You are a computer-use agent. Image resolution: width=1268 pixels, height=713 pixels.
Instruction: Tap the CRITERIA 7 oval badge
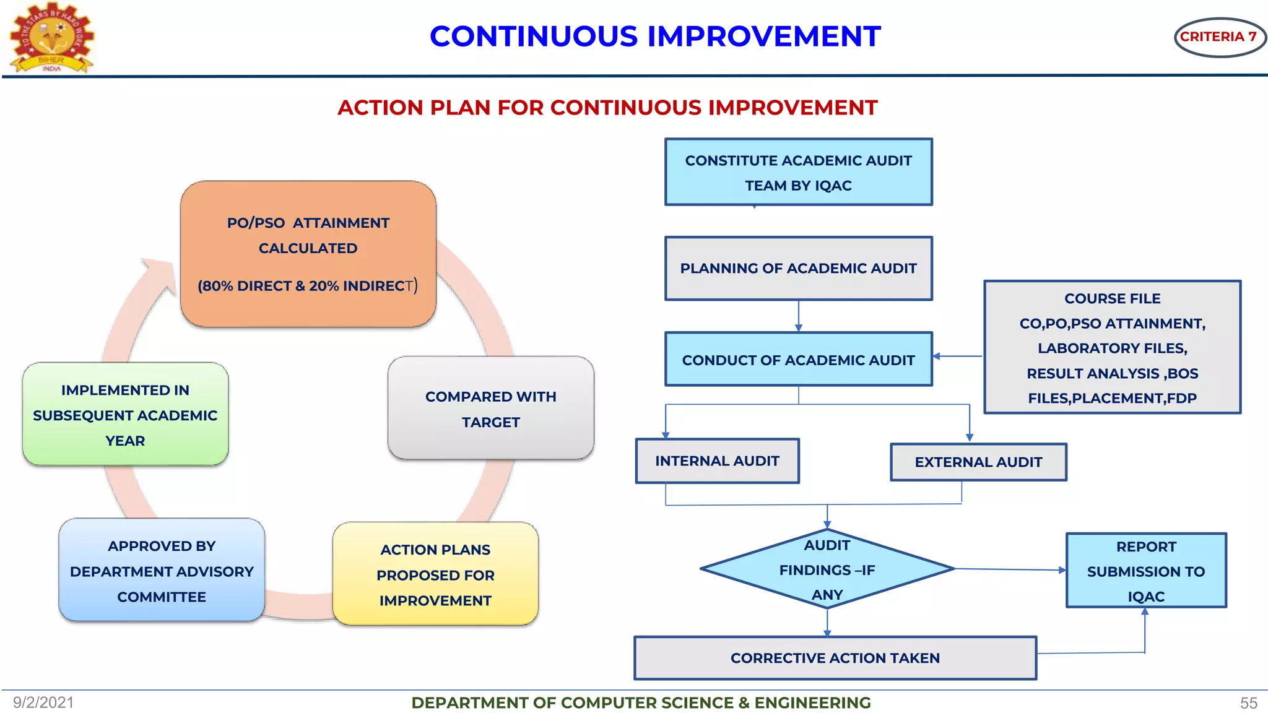point(1218,37)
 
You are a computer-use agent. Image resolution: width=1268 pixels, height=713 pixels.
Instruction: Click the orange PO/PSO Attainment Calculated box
point(308,254)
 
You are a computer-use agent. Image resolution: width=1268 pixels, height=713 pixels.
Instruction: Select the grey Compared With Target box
point(490,408)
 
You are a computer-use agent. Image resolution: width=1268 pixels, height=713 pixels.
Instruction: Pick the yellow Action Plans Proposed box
point(435,574)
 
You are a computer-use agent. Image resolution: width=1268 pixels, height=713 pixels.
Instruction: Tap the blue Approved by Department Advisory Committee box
point(162,571)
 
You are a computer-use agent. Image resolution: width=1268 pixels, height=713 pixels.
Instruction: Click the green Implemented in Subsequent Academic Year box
point(125,415)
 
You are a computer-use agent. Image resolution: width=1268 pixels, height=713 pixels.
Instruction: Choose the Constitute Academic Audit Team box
point(798,172)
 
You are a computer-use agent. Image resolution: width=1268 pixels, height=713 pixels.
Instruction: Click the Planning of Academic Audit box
point(798,269)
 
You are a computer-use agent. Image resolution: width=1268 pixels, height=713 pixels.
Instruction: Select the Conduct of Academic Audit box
point(798,360)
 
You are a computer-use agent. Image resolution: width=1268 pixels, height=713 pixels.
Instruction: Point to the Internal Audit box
point(717,461)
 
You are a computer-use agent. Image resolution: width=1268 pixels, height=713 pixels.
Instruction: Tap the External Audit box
point(978,462)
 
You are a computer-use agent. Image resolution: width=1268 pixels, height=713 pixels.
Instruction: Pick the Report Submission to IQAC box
point(1145,571)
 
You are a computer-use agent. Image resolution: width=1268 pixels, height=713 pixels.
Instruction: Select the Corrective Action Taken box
point(835,658)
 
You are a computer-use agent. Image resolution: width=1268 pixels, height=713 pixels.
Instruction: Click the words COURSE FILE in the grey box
point(1112,298)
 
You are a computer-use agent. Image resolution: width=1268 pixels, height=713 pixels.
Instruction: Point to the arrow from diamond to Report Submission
point(1009,569)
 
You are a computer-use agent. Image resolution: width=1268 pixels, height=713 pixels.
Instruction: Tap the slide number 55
point(1248,703)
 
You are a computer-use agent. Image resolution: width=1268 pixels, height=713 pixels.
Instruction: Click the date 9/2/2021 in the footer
point(43,702)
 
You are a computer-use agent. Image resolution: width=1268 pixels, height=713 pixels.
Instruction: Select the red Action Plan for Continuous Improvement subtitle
point(607,108)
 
